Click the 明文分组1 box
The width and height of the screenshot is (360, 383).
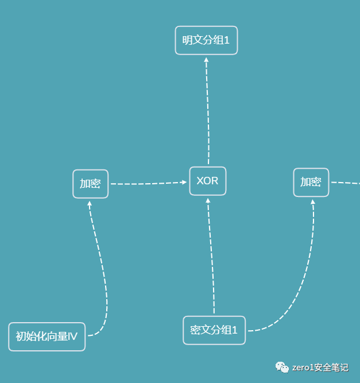(206, 40)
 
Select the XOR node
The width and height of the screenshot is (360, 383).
(207, 181)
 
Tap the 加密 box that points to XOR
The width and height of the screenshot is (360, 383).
(90, 184)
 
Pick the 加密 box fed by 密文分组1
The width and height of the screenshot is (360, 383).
(311, 182)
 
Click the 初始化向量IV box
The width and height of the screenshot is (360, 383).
(47, 336)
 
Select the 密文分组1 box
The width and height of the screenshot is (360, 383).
(214, 330)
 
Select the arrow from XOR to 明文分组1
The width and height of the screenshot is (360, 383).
(208, 109)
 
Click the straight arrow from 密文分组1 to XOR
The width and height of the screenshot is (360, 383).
(211, 258)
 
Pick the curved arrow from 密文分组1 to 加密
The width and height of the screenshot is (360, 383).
(299, 287)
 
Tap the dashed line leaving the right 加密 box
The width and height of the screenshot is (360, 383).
(345, 183)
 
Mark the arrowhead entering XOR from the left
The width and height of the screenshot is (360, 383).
(184, 183)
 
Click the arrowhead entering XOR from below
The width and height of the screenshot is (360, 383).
(208, 200)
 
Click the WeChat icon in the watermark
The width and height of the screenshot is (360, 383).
(282, 367)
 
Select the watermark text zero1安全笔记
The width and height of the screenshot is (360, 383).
(320, 367)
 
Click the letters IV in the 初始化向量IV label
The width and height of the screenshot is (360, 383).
(72, 336)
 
